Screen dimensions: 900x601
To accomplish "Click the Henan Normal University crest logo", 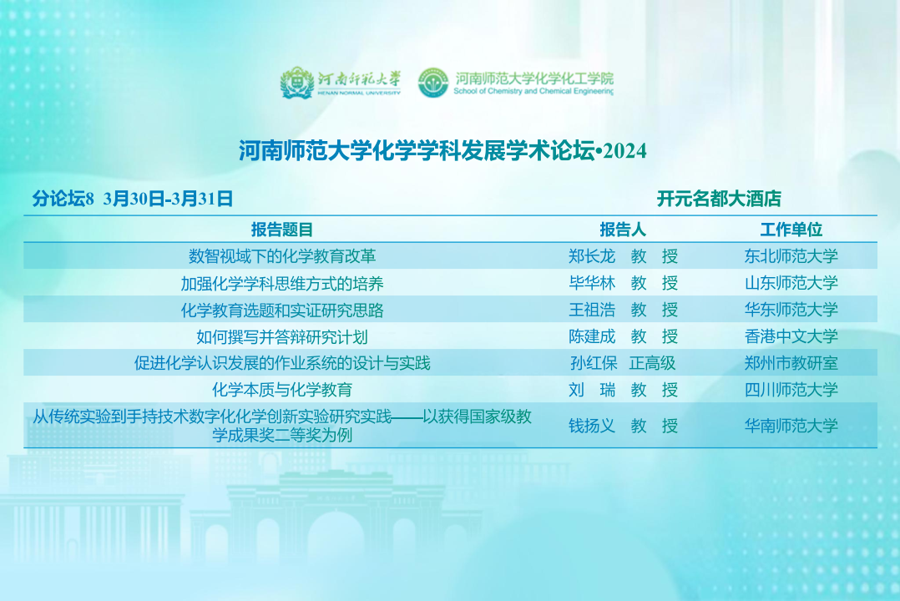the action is (x=296, y=83).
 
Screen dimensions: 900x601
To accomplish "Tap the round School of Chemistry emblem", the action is (x=433, y=83).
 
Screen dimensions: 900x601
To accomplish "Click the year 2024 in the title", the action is (x=625, y=151).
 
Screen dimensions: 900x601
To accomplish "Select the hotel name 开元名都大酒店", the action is (x=719, y=199).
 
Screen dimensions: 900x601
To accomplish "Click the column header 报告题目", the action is (x=282, y=230).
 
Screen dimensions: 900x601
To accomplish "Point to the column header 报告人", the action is (x=623, y=230).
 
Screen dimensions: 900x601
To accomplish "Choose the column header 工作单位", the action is (x=791, y=230).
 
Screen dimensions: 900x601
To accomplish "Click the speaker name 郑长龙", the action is (x=592, y=256).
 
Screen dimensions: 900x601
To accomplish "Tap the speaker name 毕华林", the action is (x=592, y=283).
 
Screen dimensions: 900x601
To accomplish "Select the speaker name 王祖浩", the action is (x=592, y=310).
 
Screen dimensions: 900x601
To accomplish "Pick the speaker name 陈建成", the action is (x=592, y=336).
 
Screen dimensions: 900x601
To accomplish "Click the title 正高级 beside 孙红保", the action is (x=652, y=363).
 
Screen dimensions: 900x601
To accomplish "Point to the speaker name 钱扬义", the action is (x=592, y=426).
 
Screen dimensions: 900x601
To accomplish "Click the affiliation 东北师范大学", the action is (x=791, y=256).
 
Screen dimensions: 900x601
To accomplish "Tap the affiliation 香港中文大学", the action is (x=791, y=336).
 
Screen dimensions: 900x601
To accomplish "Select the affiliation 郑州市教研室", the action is (x=791, y=363).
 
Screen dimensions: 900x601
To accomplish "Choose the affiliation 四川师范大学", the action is (x=791, y=390).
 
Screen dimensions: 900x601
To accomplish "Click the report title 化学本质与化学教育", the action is (x=282, y=391).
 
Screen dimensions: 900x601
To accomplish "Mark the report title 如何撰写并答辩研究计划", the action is (x=282, y=337).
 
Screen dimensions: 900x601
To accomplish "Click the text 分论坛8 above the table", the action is (x=63, y=199).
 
